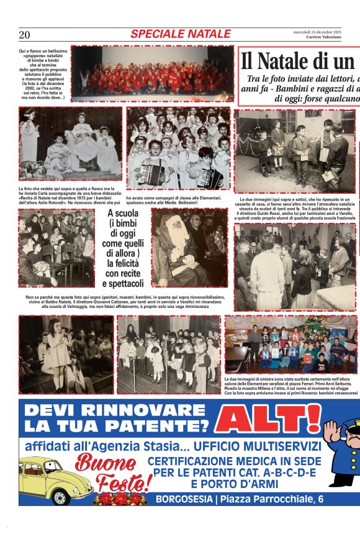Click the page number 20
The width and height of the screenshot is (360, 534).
(24, 35)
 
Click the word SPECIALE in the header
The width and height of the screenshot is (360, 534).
(155, 34)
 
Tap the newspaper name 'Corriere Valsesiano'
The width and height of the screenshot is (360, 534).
(323, 37)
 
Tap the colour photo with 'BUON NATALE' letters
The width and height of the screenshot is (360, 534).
(290, 344)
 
